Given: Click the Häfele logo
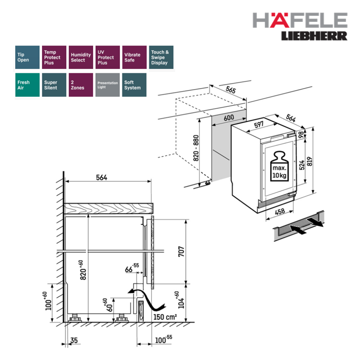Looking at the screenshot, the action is (x=300, y=20).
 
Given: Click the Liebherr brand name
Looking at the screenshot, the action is (x=314, y=36).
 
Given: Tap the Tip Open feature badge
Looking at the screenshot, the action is (x=27, y=57).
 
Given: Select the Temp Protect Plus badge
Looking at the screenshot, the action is (x=54, y=57).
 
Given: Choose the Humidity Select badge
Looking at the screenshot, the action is (x=81, y=57).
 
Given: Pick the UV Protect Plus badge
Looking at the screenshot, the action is (x=108, y=57).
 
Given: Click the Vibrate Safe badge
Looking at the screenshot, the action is (x=134, y=57).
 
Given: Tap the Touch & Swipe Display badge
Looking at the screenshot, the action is (x=161, y=57).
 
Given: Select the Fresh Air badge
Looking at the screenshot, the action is (x=27, y=85).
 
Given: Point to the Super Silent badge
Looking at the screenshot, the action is (x=54, y=85).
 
